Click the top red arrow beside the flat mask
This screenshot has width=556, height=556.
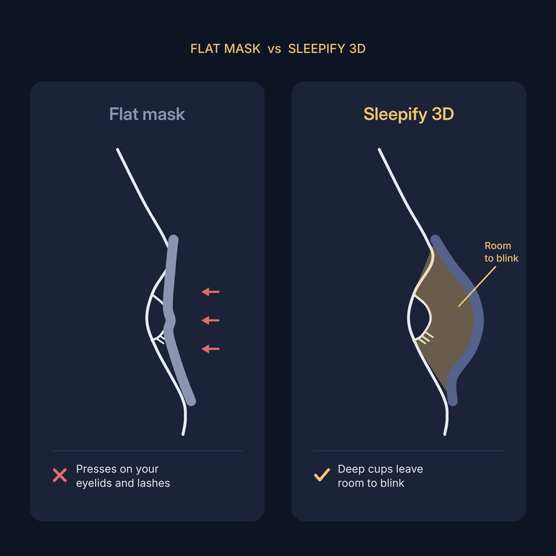point(211,292)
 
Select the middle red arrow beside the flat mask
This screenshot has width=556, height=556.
point(211,320)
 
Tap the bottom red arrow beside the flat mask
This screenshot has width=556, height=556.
point(211,349)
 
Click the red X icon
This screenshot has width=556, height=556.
point(60,475)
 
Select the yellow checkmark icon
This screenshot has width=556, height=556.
point(322,475)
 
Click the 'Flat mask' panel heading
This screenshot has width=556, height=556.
point(147,114)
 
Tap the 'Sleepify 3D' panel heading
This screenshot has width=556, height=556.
point(409,114)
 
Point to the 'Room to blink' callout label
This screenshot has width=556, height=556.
point(501,252)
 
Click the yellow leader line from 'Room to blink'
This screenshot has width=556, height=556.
point(477,286)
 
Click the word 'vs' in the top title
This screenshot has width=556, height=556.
point(275,49)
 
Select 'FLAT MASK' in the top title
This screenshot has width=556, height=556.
point(225,49)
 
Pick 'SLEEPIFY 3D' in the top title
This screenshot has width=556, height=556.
point(327,49)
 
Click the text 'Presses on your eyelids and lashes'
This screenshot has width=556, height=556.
point(123,476)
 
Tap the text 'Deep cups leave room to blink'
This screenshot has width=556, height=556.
point(380,476)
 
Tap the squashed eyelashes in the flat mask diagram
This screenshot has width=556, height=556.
point(160,338)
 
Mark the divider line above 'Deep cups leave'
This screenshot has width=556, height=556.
point(409,450)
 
